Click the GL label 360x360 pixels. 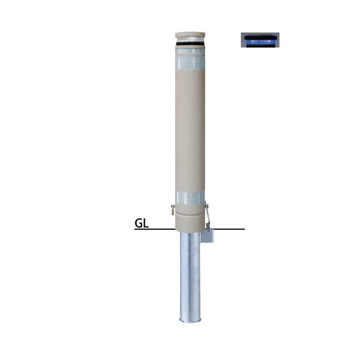[x=142, y=223]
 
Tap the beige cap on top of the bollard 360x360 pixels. [x=190, y=35]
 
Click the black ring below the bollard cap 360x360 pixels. [x=190, y=44]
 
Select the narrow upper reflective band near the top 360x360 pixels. [x=190, y=51]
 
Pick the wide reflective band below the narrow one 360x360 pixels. [x=190, y=62]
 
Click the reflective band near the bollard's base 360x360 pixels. [x=190, y=198]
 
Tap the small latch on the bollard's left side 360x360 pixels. [x=173, y=209]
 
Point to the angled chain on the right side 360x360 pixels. [x=208, y=215]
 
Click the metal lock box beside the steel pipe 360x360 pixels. [x=208, y=236]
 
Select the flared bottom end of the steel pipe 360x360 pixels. [x=190, y=319]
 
